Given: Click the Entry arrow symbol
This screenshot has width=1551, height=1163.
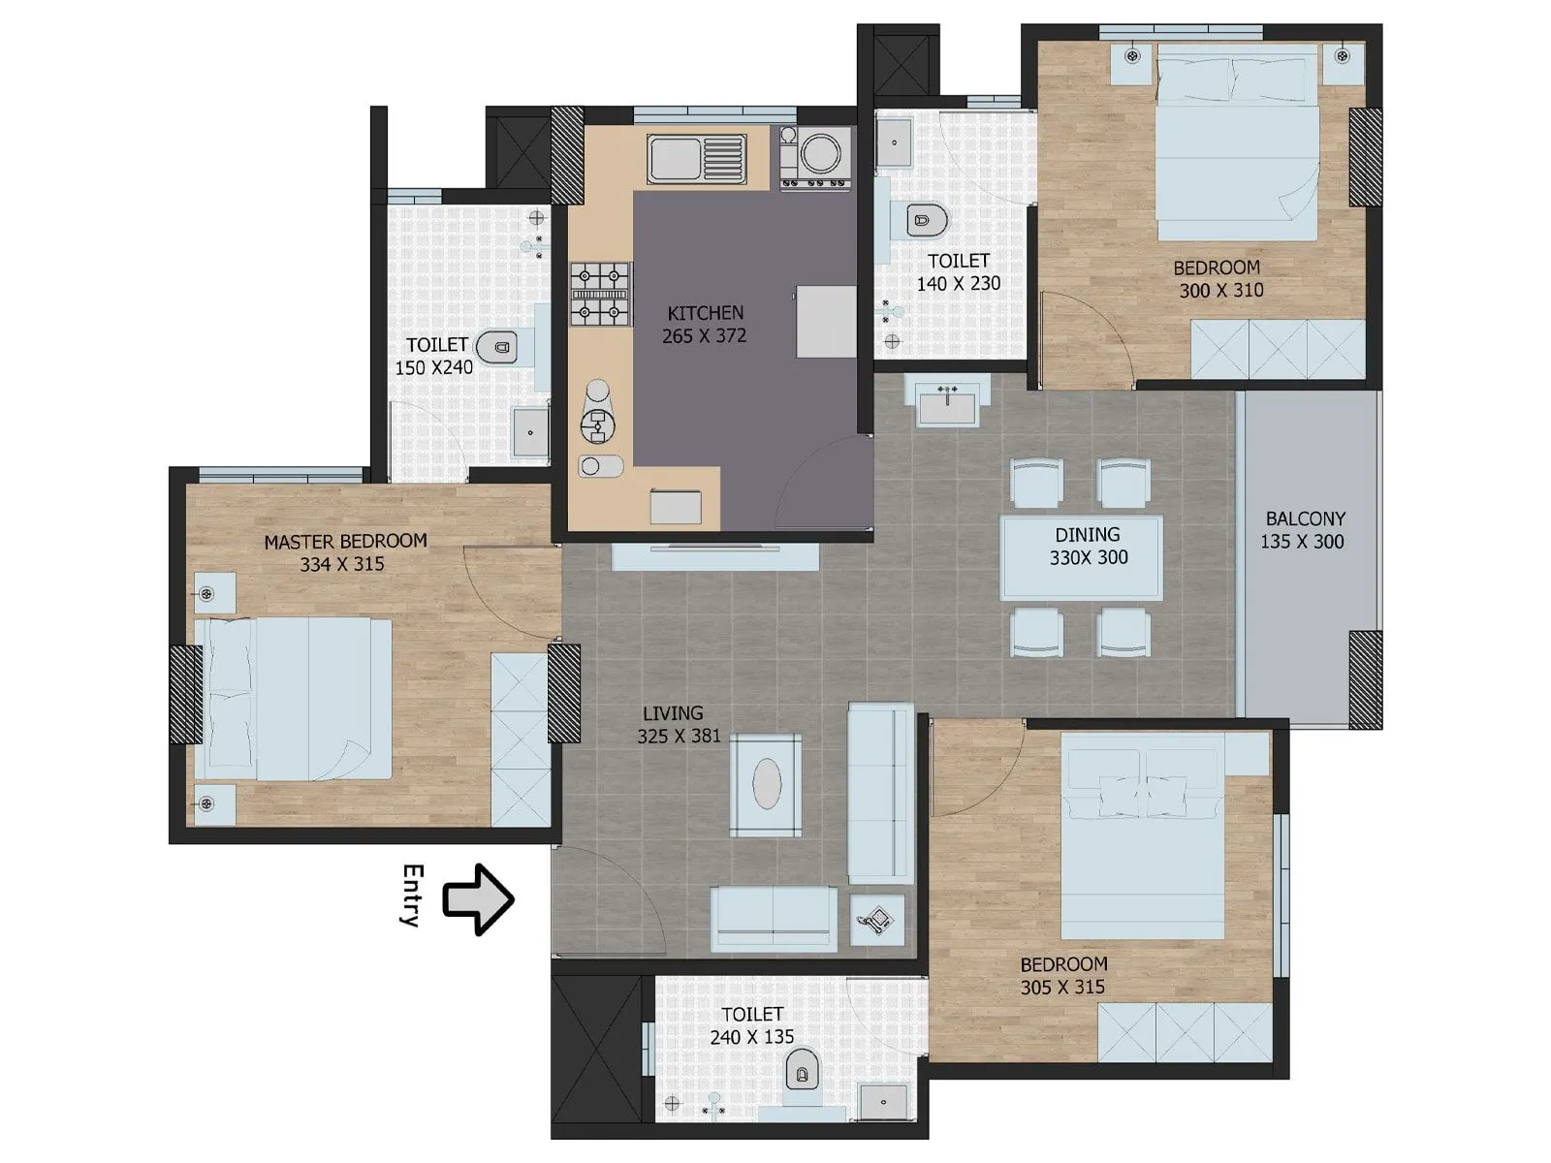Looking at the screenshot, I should [477, 899].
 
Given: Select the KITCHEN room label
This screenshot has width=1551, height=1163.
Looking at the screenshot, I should [706, 313].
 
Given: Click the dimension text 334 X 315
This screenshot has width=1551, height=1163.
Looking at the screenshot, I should [342, 564].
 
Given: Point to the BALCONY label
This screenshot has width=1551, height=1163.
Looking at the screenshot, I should [1305, 519].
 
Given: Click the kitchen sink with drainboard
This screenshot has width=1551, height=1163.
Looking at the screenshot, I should [697, 158].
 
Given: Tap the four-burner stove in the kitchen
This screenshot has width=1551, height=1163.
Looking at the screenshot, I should [599, 293].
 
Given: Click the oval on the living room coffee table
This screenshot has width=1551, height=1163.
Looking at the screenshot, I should [766, 783].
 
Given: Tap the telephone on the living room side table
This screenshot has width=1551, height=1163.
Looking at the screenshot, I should [878, 919].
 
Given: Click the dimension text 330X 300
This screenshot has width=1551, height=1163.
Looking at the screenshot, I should [1089, 557].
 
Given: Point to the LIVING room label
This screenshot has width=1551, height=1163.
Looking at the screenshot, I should [673, 713].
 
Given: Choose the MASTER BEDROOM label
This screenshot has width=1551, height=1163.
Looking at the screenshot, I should [345, 541].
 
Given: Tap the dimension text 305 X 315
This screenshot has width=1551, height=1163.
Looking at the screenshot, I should [1062, 987].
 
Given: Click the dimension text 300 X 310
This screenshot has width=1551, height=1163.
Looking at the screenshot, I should [1220, 290].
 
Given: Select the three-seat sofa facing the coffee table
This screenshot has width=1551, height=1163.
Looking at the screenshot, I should [880, 793].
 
